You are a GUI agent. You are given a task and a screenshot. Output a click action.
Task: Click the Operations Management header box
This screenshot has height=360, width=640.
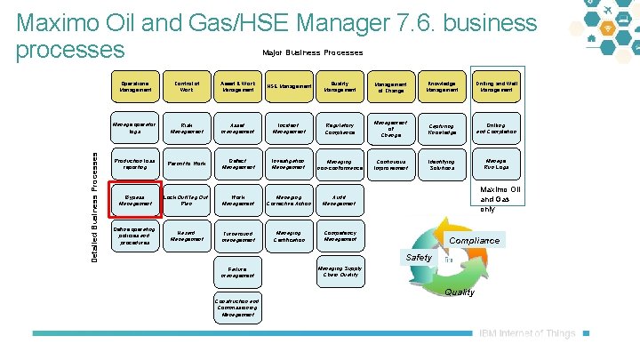tap(136, 86)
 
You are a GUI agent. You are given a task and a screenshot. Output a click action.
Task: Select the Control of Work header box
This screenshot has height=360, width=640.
tap(187, 86)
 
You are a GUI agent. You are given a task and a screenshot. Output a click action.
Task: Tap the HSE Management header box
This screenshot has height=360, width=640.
tap(288, 86)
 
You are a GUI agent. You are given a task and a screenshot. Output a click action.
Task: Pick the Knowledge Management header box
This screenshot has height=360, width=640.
tap(442, 86)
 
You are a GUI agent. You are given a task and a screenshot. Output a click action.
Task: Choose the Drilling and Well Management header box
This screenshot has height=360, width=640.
tap(494, 86)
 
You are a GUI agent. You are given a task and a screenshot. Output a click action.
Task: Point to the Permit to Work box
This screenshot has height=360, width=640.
tap(187, 164)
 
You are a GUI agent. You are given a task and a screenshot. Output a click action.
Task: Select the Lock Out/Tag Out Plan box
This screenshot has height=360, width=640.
tap(187, 198)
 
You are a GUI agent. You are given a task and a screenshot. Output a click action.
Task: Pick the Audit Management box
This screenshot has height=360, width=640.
tap(340, 198)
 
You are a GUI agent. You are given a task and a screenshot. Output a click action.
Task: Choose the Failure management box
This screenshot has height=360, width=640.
tap(237, 271)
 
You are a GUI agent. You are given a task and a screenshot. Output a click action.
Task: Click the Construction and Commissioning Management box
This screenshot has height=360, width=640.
tap(237, 308)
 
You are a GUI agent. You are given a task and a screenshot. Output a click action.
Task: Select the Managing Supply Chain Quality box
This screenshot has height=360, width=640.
tap(340, 271)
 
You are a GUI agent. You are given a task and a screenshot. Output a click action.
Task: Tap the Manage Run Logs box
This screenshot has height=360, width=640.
tap(494, 164)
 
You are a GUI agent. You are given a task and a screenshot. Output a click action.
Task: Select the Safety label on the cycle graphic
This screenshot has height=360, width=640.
tap(419, 258)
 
